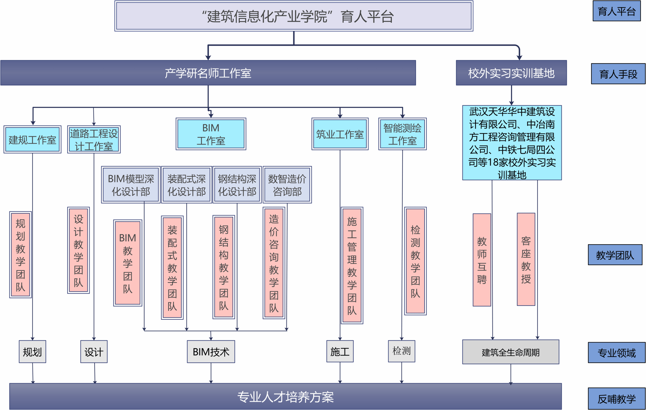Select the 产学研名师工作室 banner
(x=208, y=73)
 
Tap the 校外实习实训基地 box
(x=511, y=73)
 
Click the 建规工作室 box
(x=32, y=140)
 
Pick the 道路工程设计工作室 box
(x=94, y=140)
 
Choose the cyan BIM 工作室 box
(x=211, y=134)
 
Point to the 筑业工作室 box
(x=340, y=134)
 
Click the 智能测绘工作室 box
(x=402, y=134)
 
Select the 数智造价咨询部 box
(x=287, y=185)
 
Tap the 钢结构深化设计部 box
(x=237, y=185)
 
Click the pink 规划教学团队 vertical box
(x=21, y=255)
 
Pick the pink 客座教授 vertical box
(x=526, y=259)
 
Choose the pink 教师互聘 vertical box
(x=482, y=260)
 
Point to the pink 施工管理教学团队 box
(x=352, y=265)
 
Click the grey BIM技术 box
(x=211, y=352)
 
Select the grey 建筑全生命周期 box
(x=510, y=352)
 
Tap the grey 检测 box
(x=401, y=351)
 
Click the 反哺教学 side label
(x=616, y=399)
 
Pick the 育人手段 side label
(x=618, y=74)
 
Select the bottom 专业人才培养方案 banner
(x=285, y=396)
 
